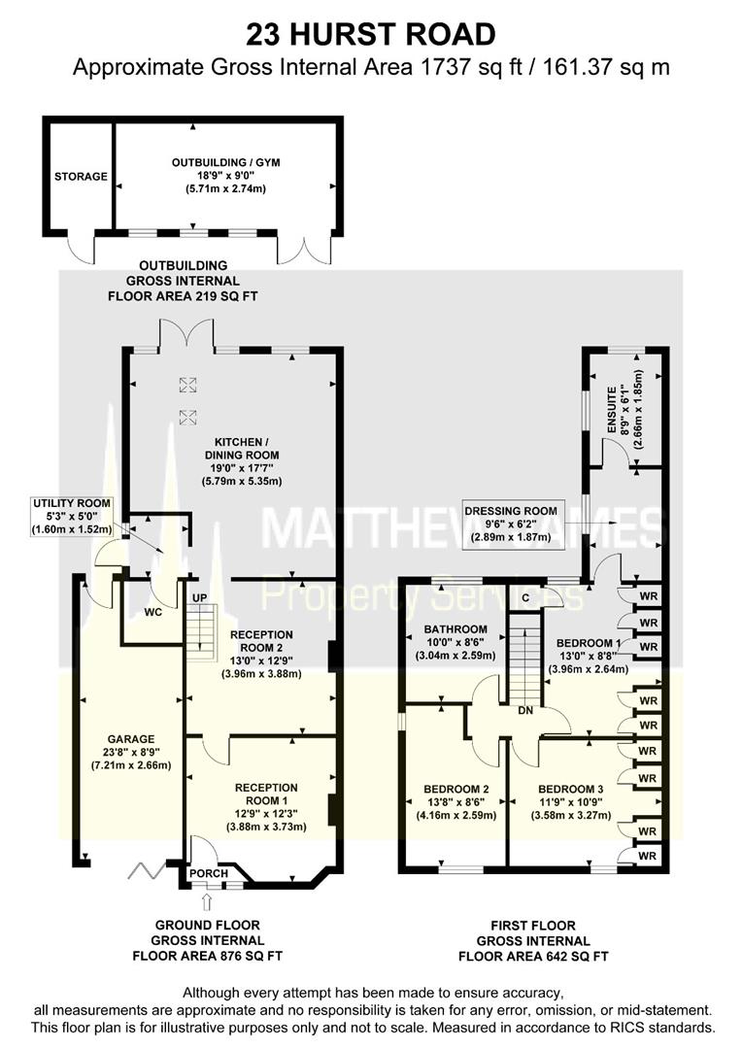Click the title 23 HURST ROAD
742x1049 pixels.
coord(371,35)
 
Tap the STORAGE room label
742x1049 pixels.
coord(81,177)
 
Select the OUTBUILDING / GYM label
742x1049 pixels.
coord(226,162)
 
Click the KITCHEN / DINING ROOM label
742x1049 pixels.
coord(238,448)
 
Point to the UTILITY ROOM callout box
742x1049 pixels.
coord(72,516)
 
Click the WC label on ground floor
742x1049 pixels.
coord(153,612)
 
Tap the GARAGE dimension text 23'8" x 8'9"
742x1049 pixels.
coord(131,752)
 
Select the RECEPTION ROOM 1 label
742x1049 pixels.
coord(266,795)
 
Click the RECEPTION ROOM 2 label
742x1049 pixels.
coord(261,641)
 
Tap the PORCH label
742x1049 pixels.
coord(209,873)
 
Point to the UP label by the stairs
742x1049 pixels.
coord(199,596)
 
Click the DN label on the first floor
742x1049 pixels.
coord(525,710)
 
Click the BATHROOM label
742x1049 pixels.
coord(455,628)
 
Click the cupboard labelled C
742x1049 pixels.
coord(525,597)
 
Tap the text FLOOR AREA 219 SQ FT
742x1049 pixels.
coord(183,296)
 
